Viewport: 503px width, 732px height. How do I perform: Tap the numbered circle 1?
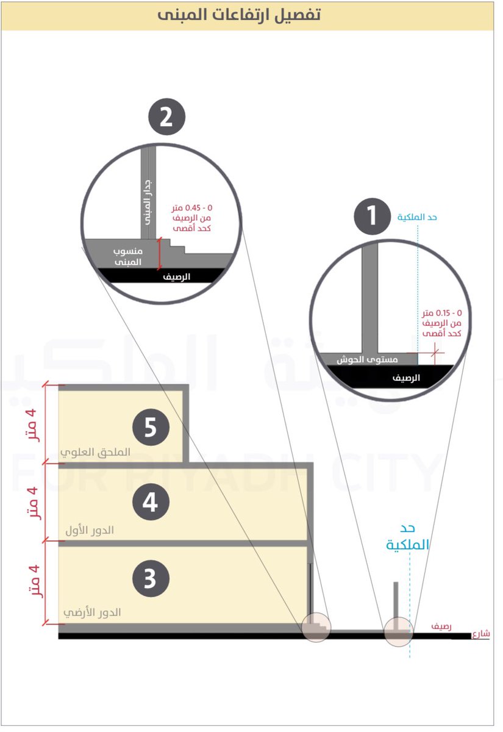coord(373,217)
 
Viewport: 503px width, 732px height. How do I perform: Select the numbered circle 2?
coord(166,117)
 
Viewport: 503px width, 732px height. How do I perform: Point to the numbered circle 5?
coord(150,428)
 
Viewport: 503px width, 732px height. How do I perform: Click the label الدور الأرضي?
coord(92,612)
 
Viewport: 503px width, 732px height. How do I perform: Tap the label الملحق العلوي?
coord(96,453)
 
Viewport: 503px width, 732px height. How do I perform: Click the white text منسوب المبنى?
coord(128,256)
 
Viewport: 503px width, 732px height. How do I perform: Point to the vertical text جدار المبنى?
coord(148,201)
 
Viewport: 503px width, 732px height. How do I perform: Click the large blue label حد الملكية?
coord(408,536)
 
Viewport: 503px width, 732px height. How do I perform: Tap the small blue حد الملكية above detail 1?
coord(417,217)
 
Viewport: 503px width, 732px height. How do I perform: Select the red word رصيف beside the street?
coord(441,626)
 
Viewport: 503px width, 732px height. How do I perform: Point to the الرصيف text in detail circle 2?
coord(176,276)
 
